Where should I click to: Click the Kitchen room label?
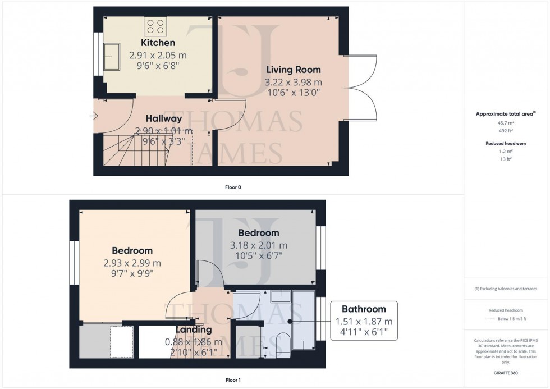pyautogui.click(x=158, y=43)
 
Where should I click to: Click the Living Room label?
pyautogui.click(x=293, y=70)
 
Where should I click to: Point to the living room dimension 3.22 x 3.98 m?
pyautogui.click(x=293, y=83)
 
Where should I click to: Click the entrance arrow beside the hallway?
pyautogui.click(x=93, y=117)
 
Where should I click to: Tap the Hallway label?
pyautogui.click(x=164, y=118)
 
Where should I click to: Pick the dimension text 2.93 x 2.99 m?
pyautogui.click(x=132, y=263)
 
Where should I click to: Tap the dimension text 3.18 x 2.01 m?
pyautogui.click(x=258, y=245)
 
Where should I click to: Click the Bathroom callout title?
pyautogui.click(x=364, y=309)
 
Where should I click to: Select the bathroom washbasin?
pyautogui.click(x=279, y=296)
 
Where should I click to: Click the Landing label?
pyautogui.click(x=194, y=329)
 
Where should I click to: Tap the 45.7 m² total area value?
pyautogui.click(x=506, y=123)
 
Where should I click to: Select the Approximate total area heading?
pyautogui.click(x=505, y=113)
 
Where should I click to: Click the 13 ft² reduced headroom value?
pyautogui.click(x=506, y=159)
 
